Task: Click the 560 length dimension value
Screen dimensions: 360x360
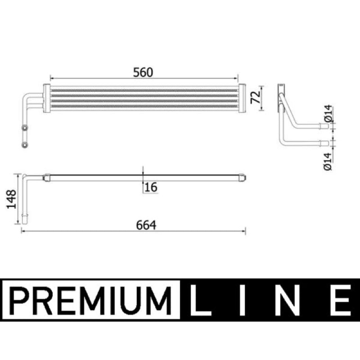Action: click(143, 72)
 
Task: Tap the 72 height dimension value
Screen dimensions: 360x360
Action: click(256, 97)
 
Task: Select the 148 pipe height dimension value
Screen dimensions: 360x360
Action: click(11, 199)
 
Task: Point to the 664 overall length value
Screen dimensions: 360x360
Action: click(146, 225)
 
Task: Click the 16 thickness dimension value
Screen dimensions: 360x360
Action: click(151, 187)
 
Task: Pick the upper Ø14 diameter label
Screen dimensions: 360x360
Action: click(328, 113)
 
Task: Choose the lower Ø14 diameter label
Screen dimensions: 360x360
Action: click(328, 162)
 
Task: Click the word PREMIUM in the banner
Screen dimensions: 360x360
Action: click(90, 301)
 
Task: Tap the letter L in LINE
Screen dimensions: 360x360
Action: click(199, 300)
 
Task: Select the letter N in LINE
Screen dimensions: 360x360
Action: click(287, 300)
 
